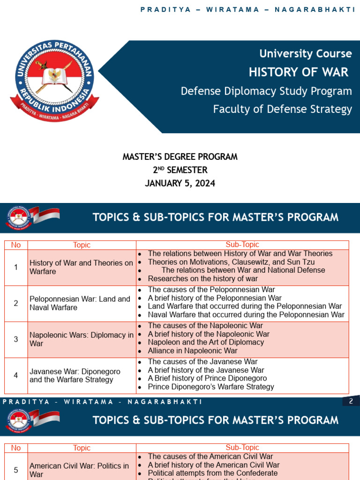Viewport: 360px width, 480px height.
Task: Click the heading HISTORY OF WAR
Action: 299,72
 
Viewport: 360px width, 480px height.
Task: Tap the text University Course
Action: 306,53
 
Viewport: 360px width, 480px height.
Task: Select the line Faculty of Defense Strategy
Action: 282,109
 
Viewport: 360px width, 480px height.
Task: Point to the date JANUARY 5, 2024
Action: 180,183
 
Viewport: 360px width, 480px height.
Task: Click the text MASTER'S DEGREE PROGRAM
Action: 180,157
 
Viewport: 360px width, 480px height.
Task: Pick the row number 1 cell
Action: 16,267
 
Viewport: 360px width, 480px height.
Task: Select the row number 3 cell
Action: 16,339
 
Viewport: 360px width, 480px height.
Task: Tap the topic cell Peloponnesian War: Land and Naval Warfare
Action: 80,303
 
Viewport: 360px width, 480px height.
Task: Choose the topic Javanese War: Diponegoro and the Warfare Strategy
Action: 75,375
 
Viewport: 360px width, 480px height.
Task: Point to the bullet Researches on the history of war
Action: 202,278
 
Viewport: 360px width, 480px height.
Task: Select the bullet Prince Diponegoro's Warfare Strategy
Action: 211,387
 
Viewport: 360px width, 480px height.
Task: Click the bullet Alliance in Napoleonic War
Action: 193,351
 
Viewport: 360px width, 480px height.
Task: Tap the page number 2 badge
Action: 351,401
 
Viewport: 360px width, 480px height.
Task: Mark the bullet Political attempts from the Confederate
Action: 213,473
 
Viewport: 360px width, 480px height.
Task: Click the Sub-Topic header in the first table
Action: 242,245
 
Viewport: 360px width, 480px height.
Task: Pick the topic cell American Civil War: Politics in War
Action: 79,470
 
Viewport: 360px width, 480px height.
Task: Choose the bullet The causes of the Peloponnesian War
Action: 211,290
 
